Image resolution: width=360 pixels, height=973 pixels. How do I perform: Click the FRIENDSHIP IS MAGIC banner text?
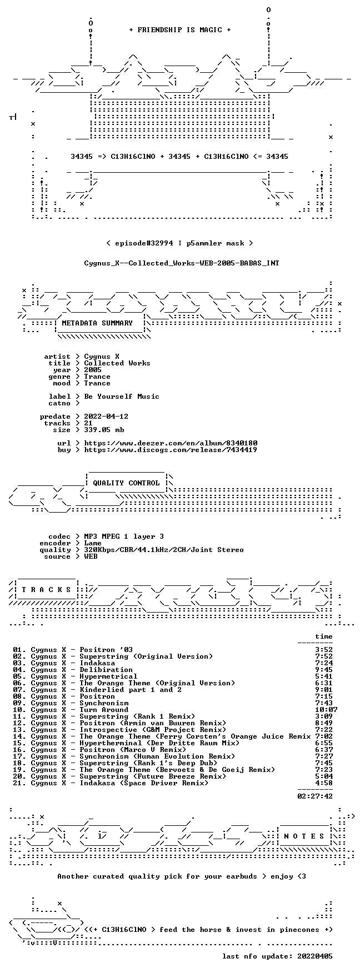[x=179, y=30]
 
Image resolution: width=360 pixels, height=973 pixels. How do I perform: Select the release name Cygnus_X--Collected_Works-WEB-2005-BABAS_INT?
[x=182, y=263]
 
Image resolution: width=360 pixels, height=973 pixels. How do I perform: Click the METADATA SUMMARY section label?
[x=97, y=323]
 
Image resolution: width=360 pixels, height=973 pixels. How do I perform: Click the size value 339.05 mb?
[x=104, y=430]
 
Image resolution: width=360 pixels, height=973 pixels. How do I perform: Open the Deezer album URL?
[x=171, y=443]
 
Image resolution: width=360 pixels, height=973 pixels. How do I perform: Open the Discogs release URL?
[x=171, y=450]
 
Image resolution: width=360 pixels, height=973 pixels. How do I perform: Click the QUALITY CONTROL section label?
[x=126, y=483]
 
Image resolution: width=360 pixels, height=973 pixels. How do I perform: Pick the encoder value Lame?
[x=93, y=543]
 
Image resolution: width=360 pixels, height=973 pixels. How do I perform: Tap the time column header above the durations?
[x=324, y=636]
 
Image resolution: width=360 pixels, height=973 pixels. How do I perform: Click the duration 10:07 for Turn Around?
[x=326, y=710]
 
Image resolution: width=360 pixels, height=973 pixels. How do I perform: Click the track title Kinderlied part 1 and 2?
[x=131, y=690]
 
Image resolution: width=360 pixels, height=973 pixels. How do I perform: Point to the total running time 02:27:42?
[x=315, y=796]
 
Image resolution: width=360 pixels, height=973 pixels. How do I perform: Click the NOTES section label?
[x=304, y=836]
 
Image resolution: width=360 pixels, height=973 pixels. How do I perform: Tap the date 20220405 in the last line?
[x=315, y=956]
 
